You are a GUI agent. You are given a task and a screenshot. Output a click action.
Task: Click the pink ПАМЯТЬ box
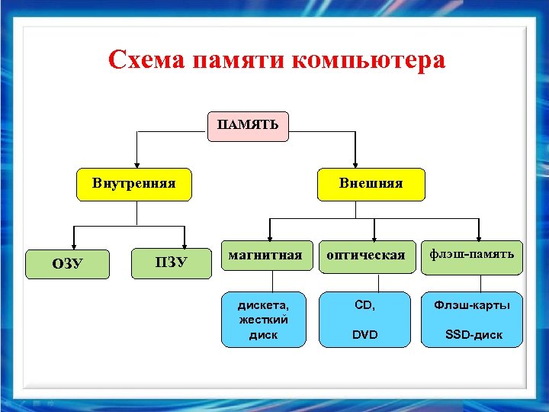coord(249,126)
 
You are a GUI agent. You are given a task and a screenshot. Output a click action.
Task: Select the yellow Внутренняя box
coord(134,184)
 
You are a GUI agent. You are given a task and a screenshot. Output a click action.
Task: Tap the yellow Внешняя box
coord(371,184)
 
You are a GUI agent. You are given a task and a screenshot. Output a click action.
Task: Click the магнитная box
coord(265,256)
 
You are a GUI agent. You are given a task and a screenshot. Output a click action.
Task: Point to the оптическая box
coord(366,256)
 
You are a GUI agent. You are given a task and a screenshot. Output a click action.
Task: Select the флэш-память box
coord(471,254)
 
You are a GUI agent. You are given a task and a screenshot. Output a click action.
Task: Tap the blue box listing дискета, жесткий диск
coord(264,319)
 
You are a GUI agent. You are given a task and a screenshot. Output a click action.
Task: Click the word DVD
coord(364,334)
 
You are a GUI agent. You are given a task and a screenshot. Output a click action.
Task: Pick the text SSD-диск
coord(474,335)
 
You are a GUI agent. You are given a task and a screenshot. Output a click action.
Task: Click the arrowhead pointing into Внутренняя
coord(136,163)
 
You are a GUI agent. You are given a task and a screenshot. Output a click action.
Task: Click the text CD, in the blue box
coord(365,305)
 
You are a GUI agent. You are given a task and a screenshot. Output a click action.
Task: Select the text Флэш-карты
coord(473,305)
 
